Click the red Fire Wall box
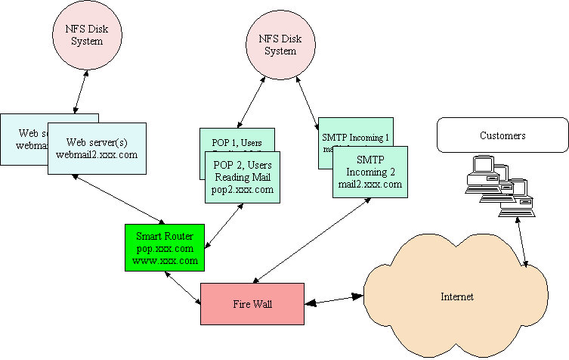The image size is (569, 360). (x=252, y=303)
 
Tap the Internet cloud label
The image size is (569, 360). (x=456, y=296)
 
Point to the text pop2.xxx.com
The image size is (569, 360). (x=243, y=190)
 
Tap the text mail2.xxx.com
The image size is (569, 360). (x=370, y=184)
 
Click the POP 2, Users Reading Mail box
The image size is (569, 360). (x=243, y=177)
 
